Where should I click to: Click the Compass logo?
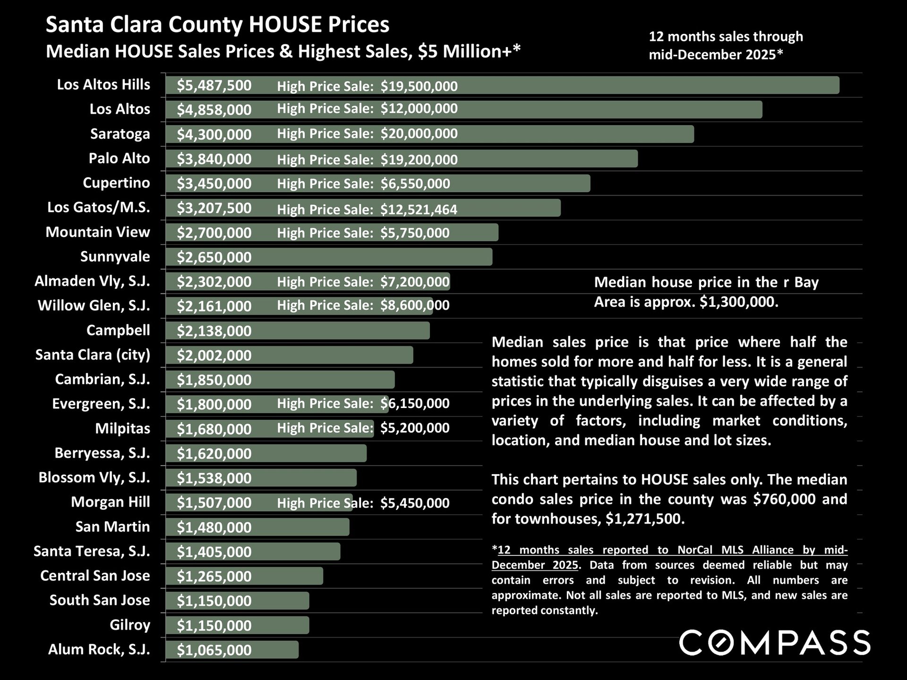tap(774, 643)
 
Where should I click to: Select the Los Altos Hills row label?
tap(103, 85)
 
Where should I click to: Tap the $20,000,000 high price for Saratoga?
tap(419, 134)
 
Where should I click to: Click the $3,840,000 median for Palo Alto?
tap(214, 159)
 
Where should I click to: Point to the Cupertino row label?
tap(116, 183)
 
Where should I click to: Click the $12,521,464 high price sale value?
tap(419, 209)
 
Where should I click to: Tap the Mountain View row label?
tap(98, 232)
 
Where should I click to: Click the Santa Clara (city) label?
tap(93, 355)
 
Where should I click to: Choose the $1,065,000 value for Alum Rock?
tap(214, 650)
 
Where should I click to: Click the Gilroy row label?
tap(130, 625)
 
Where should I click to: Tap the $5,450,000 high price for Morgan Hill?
tap(415, 503)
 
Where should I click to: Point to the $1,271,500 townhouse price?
tap(644, 519)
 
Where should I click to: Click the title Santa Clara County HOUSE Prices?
tap(217, 25)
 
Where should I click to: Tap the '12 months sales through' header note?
tap(726, 37)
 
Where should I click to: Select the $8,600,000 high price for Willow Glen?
tap(415, 306)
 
